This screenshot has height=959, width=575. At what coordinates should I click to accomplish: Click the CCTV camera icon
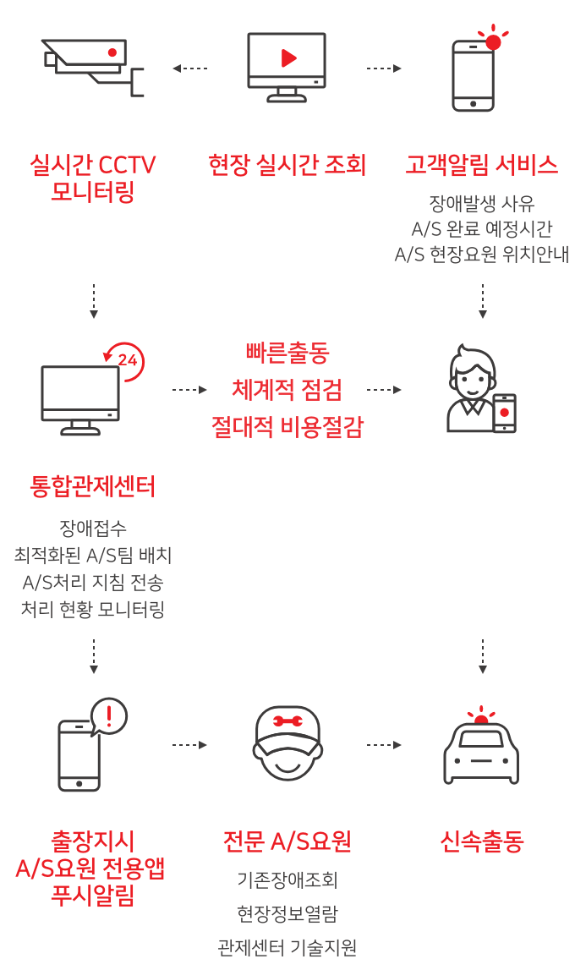pyautogui.click(x=93, y=66)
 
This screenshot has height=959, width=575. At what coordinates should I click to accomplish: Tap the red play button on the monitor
pyautogui.click(x=288, y=58)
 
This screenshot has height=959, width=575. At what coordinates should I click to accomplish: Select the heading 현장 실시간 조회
pyautogui.click(x=287, y=166)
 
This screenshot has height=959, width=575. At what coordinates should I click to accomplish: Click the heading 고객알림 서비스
pyautogui.click(x=482, y=166)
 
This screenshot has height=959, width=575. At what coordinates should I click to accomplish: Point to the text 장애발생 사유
pyautogui.click(x=482, y=204)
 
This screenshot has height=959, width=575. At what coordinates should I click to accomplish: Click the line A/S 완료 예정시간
pyautogui.click(x=482, y=229)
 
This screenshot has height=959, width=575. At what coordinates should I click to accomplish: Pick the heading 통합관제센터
pyautogui.click(x=93, y=487)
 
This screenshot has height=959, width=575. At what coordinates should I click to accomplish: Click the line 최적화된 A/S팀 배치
pyautogui.click(x=93, y=556)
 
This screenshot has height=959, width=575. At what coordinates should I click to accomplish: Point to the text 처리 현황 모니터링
pyautogui.click(x=93, y=608)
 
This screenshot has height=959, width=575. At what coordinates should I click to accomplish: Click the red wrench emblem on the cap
pyautogui.click(x=287, y=723)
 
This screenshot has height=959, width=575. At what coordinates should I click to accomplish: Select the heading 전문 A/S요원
pyautogui.click(x=287, y=842)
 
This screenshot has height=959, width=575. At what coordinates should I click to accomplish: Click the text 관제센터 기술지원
pyautogui.click(x=287, y=947)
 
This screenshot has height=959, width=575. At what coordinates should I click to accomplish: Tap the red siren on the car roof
pyautogui.click(x=482, y=718)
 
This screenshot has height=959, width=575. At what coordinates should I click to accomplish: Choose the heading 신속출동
pyautogui.click(x=482, y=842)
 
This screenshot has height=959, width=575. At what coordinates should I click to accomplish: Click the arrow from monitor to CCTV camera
pyautogui.click(x=189, y=68)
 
